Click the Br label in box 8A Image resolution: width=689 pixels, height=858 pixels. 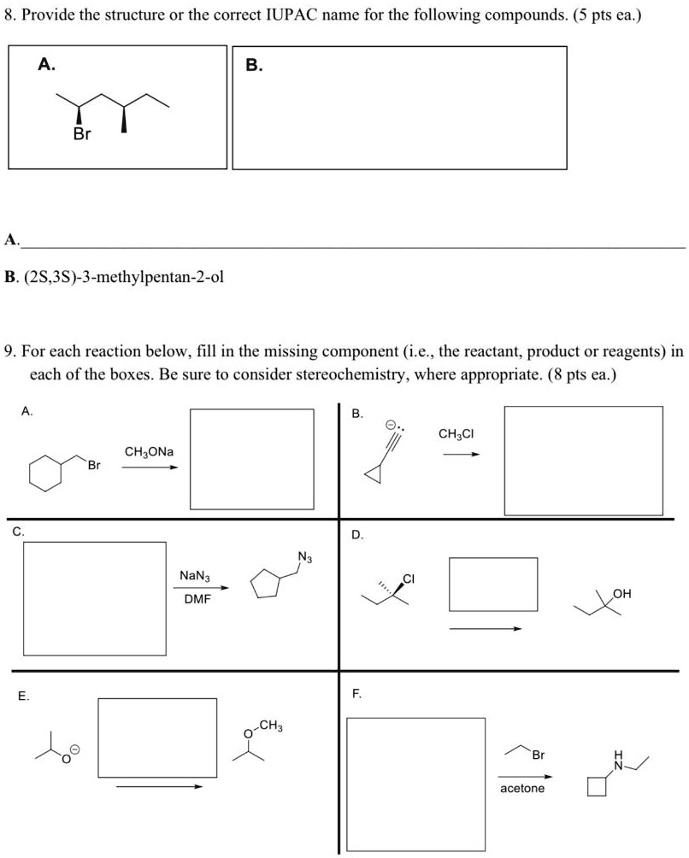pyautogui.click(x=82, y=135)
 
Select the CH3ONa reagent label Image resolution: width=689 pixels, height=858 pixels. pyautogui.click(x=149, y=450)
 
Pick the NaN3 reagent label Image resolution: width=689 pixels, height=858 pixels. pyautogui.click(x=197, y=576)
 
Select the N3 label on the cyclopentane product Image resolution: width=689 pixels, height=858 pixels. pyautogui.click(x=305, y=560)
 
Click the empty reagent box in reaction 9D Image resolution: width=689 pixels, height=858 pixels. pyautogui.click(x=493, y=584)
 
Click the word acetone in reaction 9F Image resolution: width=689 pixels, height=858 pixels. pyautogui.click(x=521, y=787)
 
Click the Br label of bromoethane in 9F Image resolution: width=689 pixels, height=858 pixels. pyautogui.click(x=538, y=755)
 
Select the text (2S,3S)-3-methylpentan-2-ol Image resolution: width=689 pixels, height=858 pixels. pyautogui.click(x=126, y=278)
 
